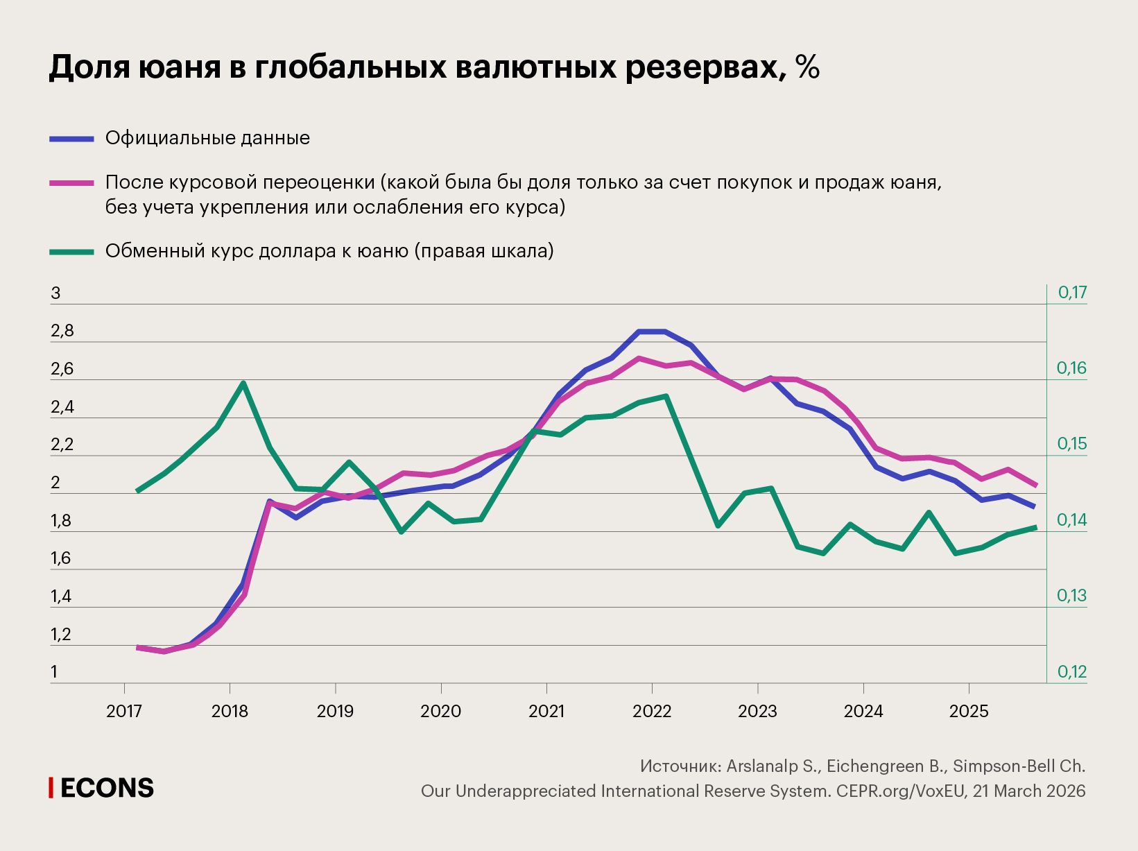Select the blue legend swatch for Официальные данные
click(x=71, y=139)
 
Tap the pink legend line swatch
click(x=71, y=183)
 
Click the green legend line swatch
click(x=71, y=252)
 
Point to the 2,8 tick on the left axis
click(x=62, y=332)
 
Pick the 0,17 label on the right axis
click(x=1072, y=293)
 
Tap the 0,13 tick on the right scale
click(x=1071, y=596)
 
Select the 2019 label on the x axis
click(x=335, y=711)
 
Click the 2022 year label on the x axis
click(x=652, y=711)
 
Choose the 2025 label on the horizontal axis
click(x=968, y=711)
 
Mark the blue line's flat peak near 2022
click(x=652, y=332)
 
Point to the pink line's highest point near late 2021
click(x=639, y=359)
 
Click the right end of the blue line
click(x=1034, y=506)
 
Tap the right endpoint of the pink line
click(x=1035, y=485)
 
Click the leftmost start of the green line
click(x=137, y=490)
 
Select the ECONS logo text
click(x=107, y=788)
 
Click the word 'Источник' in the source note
click(x=678, y=766)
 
